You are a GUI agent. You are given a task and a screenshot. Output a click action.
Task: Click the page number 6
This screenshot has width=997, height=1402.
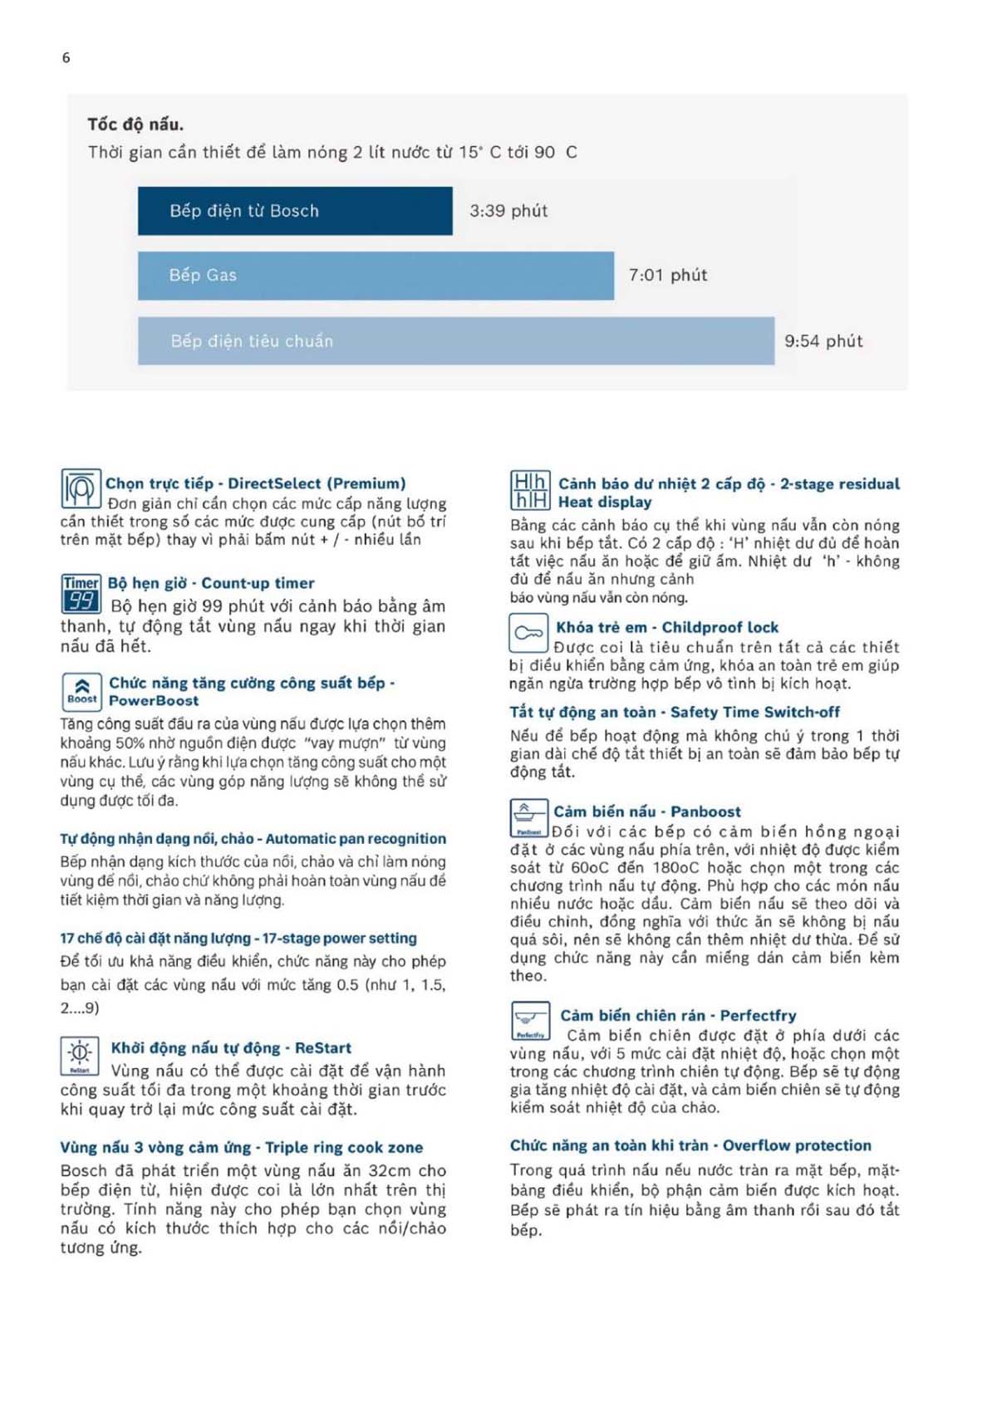66,57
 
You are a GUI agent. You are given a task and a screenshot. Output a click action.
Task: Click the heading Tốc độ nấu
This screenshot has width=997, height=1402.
135,125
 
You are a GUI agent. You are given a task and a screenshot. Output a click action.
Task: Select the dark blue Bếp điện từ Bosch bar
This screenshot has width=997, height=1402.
295,211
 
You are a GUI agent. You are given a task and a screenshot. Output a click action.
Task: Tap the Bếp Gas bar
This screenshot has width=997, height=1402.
376,275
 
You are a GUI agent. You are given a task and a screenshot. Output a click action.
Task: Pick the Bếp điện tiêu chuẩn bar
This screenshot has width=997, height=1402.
455,341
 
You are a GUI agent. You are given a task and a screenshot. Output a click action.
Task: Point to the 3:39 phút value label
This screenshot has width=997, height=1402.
508,211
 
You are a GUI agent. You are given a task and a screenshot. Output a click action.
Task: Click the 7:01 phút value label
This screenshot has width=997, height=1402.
668,275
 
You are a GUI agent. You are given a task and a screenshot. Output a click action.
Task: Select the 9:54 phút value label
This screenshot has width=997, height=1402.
823,341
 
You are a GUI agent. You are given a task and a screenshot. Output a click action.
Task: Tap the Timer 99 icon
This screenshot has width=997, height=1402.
81,593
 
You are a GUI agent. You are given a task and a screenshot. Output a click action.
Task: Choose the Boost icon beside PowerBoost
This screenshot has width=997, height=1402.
81,691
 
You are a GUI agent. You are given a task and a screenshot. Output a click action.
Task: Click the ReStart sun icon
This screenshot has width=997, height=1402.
80,1056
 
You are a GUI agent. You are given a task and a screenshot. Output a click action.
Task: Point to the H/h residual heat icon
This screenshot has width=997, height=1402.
529,491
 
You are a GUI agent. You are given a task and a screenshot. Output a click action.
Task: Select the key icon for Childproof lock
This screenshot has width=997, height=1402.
528,633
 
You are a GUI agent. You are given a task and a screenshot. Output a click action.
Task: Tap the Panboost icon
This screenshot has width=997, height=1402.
529,818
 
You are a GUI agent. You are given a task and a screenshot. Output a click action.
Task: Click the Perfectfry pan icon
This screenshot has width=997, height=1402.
530,1022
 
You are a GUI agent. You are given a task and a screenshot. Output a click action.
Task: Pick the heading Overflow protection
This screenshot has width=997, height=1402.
690,1145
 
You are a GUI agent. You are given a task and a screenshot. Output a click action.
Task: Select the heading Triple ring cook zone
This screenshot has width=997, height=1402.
241,1147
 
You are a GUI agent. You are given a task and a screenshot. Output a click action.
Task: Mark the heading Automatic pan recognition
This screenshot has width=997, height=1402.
253,839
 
